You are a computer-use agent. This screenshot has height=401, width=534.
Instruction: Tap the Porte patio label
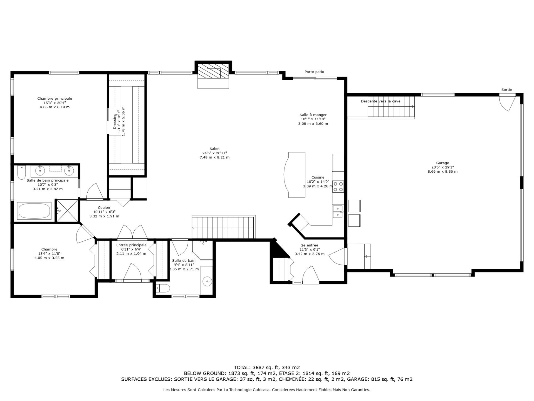(314, 72)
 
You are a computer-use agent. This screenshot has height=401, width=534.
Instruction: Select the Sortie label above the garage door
(506, 90)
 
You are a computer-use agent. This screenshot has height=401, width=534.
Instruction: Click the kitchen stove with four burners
(338, 187)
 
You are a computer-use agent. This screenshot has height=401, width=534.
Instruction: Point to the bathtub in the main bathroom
(34, 211)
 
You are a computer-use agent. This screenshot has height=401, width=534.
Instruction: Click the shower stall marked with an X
(67, 211)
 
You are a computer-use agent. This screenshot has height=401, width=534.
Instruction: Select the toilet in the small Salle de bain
(163, 289)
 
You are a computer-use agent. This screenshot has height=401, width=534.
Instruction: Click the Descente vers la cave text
(380, 101)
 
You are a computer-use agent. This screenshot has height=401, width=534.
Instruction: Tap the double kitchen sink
(338, 211)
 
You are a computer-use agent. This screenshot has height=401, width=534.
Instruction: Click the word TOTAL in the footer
(242, 367)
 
